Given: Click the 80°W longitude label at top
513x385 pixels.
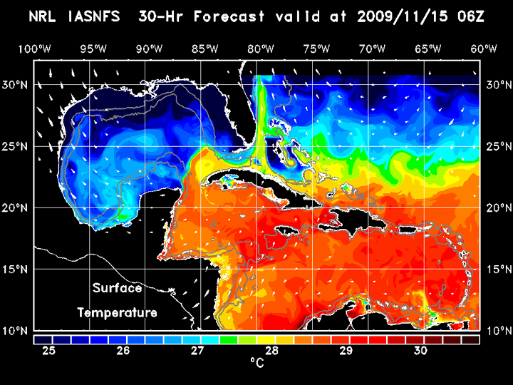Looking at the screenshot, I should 262,48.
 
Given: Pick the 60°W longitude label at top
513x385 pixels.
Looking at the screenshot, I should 484,48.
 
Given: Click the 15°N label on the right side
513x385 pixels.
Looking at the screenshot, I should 498,269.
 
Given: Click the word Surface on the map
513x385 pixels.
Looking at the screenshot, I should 117,289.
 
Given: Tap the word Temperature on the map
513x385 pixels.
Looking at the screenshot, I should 117,312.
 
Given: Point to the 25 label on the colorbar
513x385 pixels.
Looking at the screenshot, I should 49,350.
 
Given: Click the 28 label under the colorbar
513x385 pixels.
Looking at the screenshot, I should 271,350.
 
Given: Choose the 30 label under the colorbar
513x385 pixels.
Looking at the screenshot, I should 420,350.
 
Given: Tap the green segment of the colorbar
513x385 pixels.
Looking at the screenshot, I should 228,339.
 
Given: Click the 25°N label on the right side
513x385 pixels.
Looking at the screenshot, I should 498,146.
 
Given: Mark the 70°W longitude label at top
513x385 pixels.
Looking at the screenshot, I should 373,48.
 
